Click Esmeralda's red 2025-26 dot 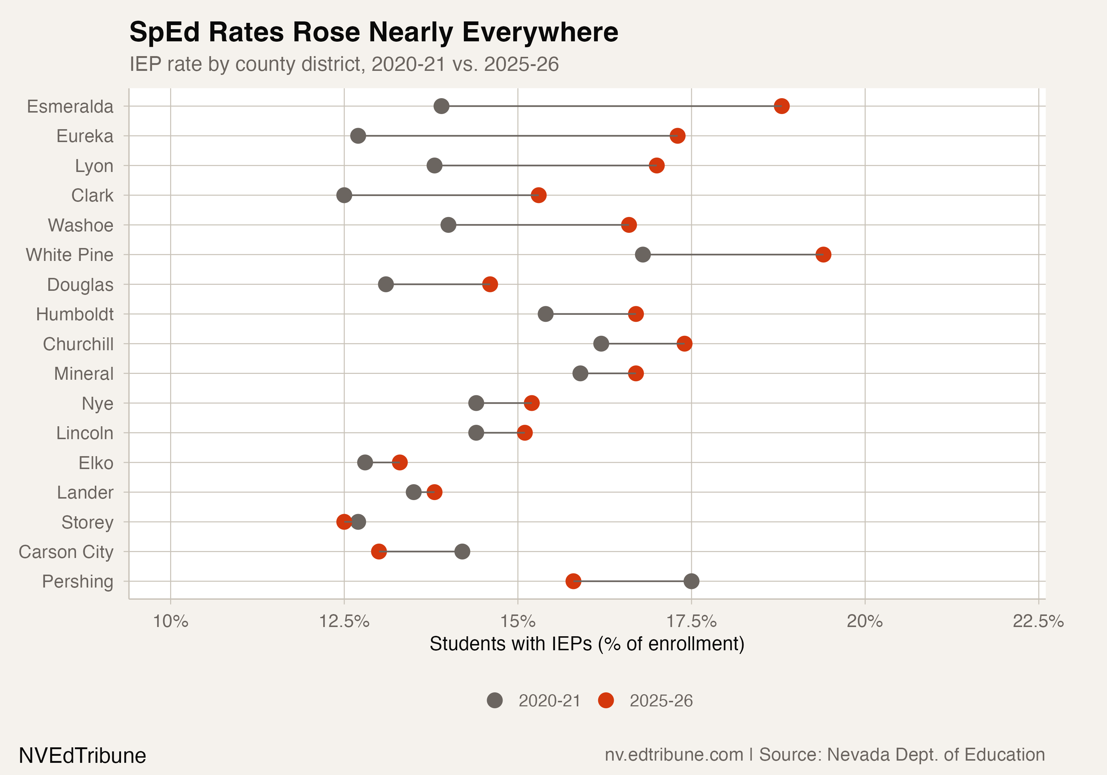point(781,106)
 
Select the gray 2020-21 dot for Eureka point(358,136)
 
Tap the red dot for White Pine point(823,255)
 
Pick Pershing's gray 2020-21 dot point(692,581)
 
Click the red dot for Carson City point(379,551)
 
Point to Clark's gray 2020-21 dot point(344,195)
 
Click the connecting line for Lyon point(545,165)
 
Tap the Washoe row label point(80,225)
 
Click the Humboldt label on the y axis point(75,314)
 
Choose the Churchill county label point(78,344)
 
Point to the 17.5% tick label point(692,621)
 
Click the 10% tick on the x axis point(171,621)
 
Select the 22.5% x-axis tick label point(1038,621)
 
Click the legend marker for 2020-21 point(495,700)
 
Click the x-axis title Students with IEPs point(587,644)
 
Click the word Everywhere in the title point(540,32)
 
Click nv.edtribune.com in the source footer point(673,755)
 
